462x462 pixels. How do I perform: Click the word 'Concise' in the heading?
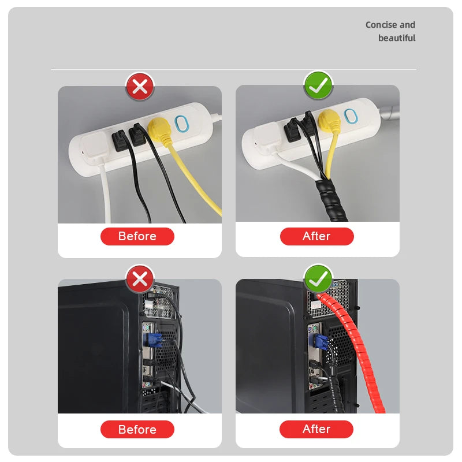[381, 25]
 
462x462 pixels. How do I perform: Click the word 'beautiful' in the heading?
[397, 38]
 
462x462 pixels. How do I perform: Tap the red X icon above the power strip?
[140, 87]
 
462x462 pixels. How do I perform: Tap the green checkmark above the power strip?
[318, 85]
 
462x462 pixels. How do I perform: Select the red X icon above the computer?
[140, 279]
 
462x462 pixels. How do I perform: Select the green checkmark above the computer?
[318, 278]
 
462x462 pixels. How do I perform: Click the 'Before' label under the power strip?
[137, 236]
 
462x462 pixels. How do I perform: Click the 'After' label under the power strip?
[316, 236]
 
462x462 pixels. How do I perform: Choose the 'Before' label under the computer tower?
[137, 429]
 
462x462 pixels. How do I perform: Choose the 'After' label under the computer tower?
[316, 429]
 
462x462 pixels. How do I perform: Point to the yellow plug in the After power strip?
[329, 121]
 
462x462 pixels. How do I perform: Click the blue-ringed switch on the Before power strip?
[181, 124]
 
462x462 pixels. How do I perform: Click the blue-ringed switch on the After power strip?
[351, 116]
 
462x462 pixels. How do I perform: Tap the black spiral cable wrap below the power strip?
[330, 200]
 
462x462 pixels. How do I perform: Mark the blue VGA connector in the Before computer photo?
[153, 340]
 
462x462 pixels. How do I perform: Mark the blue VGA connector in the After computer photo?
[318, 342]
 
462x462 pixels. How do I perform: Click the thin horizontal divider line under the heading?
[234, 69]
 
